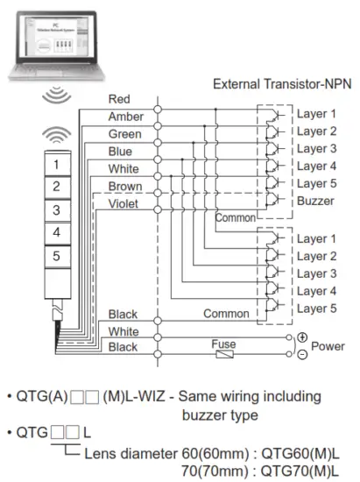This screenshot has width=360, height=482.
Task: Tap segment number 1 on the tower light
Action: pyautogui.click(x=56, y=164)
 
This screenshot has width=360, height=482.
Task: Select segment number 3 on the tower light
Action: pyautogui.click(x=56, y=210)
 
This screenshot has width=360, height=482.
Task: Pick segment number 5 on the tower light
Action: pyautogui.click(x=56, y=257)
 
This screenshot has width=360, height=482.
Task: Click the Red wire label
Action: pyautogui.click(x=119, y=100)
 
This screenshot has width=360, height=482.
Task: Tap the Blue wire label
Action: pyautogui.click(x=120, y=151)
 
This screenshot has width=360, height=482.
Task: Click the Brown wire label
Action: pyautogui.click(x=124, y=186)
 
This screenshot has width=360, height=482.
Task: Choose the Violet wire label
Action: pyautogui.click(x=124, y=202)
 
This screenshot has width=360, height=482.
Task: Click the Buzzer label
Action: pyautogui.click(x=315, y=201)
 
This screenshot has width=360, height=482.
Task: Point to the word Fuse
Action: pyautogui.click(x=224, y=344)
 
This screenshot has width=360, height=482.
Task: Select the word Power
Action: pyautogui.click(x=328, y=346)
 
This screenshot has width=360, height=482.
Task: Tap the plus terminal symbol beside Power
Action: pyautogui.click(x=301, y=337)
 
